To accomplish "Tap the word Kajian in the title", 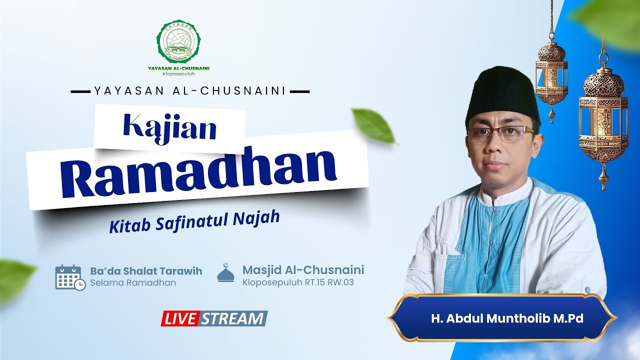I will pyautogui.click(x=169, y=127).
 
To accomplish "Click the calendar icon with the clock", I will pyautogui.click(x=69, y=277).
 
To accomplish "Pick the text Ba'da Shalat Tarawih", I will pyautogui.click(x=146, y=271).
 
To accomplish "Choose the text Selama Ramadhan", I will pyautogui.click(x=133, y=283).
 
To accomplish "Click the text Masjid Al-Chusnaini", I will pyautogui.click(x=303, y=270).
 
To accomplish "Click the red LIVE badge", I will pyautogui.click(x=180, y=318).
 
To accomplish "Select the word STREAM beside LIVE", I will pyautogui.click(x=234, y=318).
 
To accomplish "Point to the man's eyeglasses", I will pyautogui.click(x=500, y=134).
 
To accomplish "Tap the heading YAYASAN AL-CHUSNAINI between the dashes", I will pyautogui.click(x=189, y=91).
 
